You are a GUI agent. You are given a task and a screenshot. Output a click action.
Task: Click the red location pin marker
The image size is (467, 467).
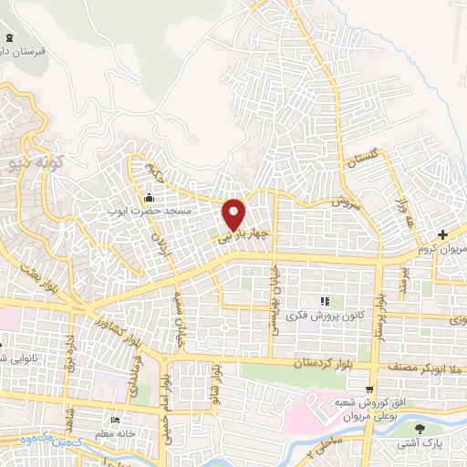point(235,214)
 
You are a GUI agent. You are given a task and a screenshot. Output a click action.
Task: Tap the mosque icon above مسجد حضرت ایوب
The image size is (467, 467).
point(150,198)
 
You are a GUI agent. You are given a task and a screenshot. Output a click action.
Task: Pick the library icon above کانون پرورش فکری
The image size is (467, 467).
point(322,302)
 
